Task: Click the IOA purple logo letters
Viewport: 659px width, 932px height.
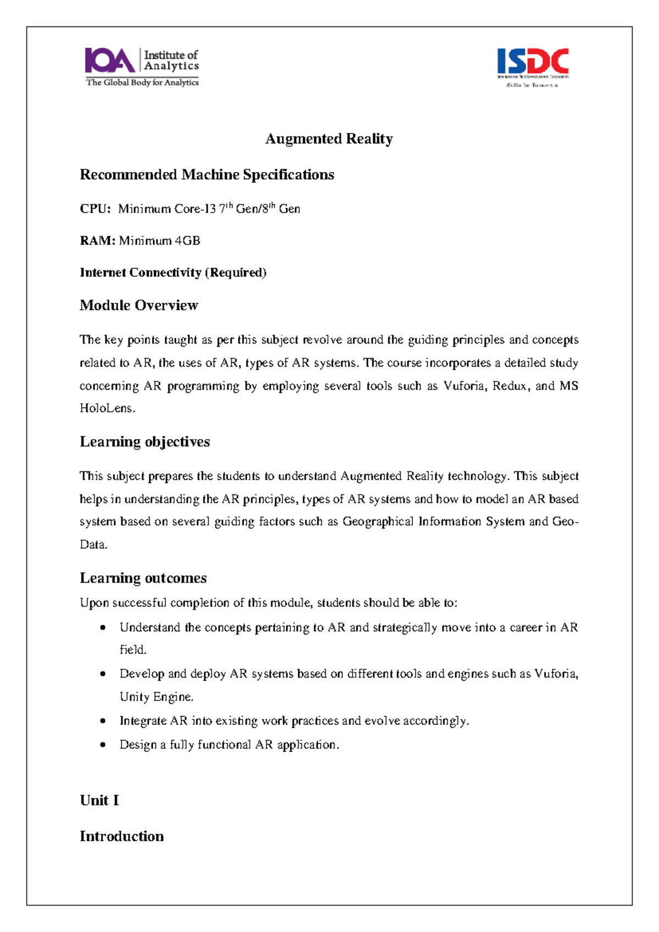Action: [x=109, y=61]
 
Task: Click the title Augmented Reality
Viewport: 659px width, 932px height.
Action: [x=329, y=138]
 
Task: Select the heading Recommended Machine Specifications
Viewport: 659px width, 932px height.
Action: [x=207, y=175]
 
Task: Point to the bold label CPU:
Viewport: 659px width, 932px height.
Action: [x=95, y=209]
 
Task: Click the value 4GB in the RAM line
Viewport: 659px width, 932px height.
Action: [x=187, y=241]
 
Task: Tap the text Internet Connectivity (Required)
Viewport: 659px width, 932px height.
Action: [x=173, y=273]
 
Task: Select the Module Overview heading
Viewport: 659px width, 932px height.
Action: [x=139, y=306]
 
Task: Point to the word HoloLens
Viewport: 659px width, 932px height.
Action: [x=107, y=408]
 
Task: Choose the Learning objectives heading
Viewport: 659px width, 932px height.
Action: [x=145, y=442]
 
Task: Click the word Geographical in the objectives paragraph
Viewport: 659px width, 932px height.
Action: [x=378, y=522]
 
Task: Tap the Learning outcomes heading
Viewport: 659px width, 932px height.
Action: [x=143, y=578]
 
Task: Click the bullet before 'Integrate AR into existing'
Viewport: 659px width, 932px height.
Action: [x=103, y=721]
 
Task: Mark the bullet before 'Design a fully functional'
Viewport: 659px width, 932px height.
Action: [x=103, y=745]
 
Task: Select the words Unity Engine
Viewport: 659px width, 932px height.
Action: [x=156, y=697]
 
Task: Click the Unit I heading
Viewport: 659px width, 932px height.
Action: [x=99, y=801]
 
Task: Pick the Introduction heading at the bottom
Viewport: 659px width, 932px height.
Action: [x=122, y=836]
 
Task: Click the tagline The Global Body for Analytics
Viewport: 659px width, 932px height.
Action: [x=142, y=82]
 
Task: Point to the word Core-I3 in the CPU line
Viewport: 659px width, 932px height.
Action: [x=195, y=209]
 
